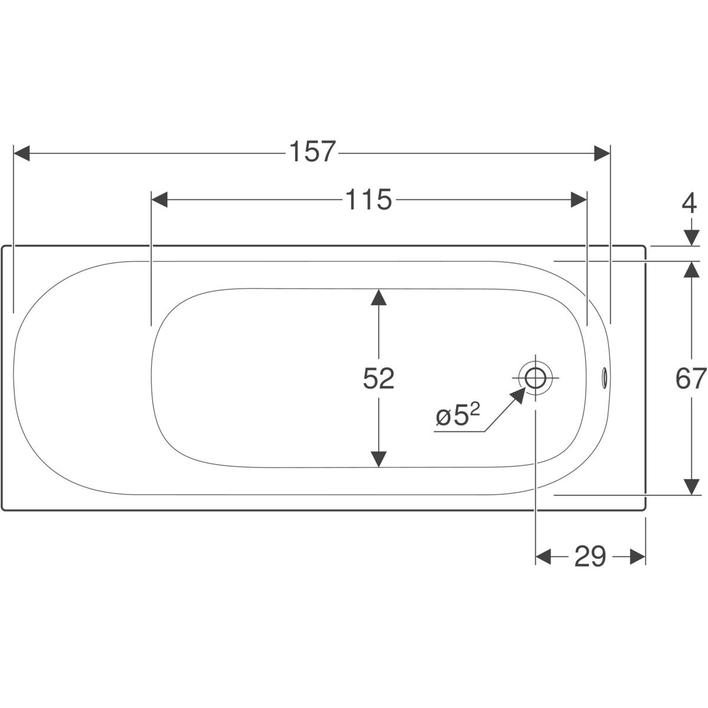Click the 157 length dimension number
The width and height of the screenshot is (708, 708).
tap(313, 152)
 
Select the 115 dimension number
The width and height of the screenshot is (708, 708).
tap(369, 199)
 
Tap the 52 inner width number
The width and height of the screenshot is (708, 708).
tap(378, 378)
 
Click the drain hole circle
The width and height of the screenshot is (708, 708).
tap(535, 378)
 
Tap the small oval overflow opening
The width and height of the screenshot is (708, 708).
tap(604, 378)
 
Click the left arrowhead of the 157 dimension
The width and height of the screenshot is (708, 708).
tap(21, 153)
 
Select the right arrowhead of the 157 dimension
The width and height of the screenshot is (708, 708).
tap(602, 153)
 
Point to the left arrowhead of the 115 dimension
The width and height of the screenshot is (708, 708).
tap(159, 200)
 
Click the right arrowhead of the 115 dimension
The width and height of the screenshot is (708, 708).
tap(579, 200)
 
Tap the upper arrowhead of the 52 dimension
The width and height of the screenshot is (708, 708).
tap(378, 297)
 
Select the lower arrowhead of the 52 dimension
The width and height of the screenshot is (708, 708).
tap(378, 459)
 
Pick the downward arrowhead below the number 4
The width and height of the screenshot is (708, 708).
tap(692, 238)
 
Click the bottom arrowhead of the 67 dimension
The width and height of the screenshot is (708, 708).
tap(692, 487)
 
